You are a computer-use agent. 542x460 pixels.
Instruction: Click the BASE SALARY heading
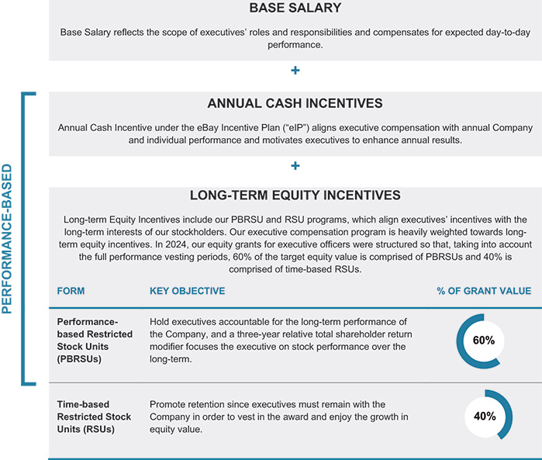coord(295,9)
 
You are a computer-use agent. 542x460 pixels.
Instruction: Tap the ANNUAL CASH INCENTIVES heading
coord(295,103)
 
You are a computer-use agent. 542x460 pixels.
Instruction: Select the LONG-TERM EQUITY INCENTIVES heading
coord(295,195)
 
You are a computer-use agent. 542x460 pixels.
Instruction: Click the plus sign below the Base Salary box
coord(295,71)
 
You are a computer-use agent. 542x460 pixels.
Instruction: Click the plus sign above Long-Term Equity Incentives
coord(295,165)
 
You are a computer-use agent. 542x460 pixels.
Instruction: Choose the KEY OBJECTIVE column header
coord(187,291)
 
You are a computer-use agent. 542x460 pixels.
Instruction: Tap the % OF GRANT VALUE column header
coord(484,291)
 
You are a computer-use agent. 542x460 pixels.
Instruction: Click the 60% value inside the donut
coord(484,341)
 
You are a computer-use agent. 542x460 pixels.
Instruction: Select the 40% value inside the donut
coord(484,416)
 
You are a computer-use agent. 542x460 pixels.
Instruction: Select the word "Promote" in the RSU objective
coord(169,404)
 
